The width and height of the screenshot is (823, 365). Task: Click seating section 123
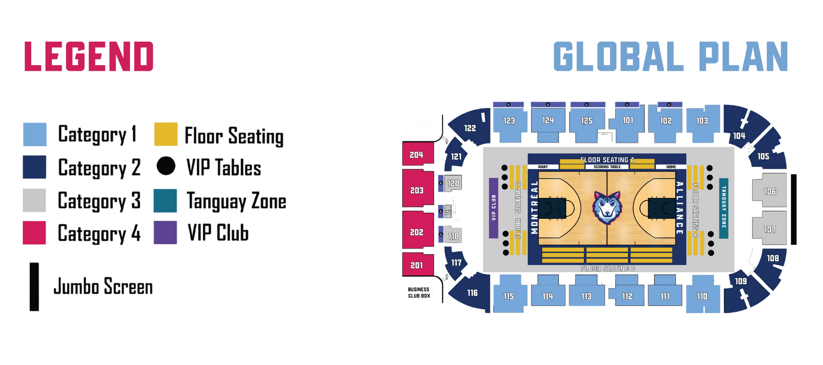coord(509,121)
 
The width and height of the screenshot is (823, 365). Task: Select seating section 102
coord(666,121)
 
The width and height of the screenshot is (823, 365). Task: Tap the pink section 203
coord(417,190)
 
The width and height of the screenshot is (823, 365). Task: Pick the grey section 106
coord(770,191)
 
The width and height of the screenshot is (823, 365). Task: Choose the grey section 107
coord(770,229)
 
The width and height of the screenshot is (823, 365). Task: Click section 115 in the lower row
coord(509,296)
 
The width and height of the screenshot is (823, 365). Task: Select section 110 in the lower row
coord(702,296)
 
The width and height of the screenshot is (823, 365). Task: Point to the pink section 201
coord(417,265)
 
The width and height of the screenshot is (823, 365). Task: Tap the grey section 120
coord(453,183)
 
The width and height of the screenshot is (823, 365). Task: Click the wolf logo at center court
coord(607,208)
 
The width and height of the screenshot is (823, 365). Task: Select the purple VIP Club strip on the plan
coord(493,208)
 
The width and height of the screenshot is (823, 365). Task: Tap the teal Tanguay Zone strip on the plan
coord(724,208)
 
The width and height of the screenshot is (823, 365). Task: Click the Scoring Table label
coord(607,167)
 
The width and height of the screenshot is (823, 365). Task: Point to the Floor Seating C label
coord(607,269)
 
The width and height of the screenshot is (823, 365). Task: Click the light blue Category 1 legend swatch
coord(35,134)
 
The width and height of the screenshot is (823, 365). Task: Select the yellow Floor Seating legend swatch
coord(166,134)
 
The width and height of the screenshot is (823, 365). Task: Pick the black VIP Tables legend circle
coord(166,166)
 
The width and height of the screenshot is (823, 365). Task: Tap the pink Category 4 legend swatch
coord(34,233)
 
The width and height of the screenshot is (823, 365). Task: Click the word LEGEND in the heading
coord(89,56)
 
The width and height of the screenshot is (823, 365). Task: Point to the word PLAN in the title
coord(744,56)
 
